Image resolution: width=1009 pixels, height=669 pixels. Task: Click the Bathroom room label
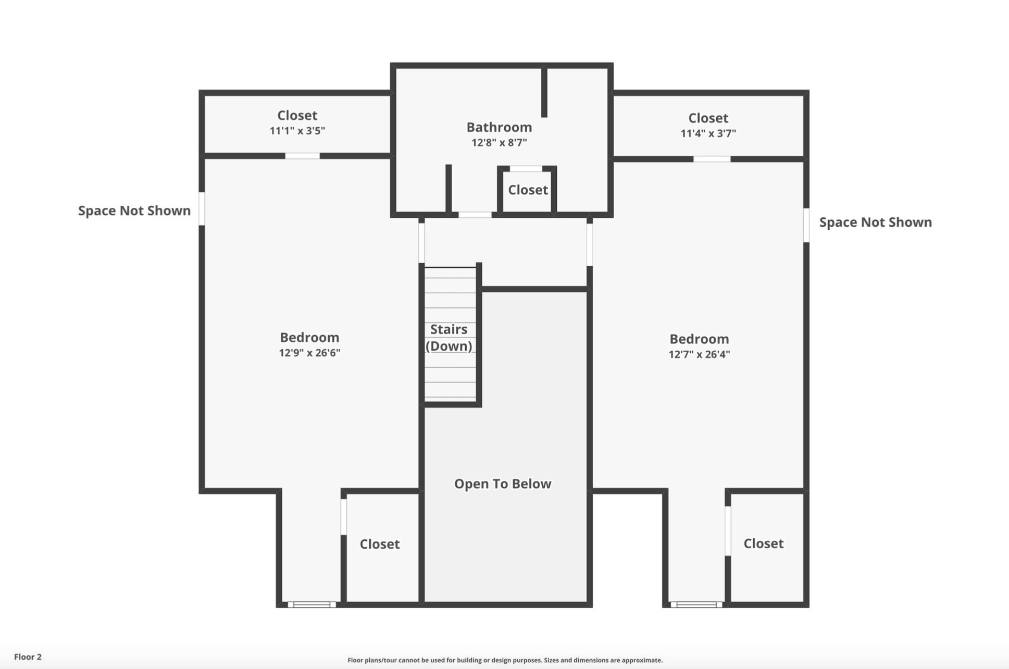[x=499, y=127]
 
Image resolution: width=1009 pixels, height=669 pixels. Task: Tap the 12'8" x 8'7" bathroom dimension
[x=499, y=143]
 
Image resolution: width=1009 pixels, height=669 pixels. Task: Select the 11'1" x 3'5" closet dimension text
[x=297, y=131]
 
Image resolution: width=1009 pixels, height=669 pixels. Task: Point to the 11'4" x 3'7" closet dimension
[x=708, y=133]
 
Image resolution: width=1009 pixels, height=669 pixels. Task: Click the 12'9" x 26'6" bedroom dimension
[x=309, y=353]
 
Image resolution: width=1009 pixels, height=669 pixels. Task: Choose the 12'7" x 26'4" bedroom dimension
[x=699, y=354]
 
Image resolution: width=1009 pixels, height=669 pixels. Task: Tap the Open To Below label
[x=503, y=484]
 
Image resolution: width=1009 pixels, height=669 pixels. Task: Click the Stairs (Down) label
[x=449, y=338]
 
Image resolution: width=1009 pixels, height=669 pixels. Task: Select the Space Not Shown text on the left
[x=134, y=210]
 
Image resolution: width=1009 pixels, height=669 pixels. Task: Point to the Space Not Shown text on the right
[x=876, y=222]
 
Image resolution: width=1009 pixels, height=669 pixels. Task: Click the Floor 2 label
[x=28, y=657]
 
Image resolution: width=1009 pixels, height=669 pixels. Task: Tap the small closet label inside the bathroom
[x=528, y=190]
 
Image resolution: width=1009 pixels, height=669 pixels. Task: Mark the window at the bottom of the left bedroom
[x=312, y=605]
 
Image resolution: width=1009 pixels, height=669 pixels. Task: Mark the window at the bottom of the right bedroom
[x=696, y=605]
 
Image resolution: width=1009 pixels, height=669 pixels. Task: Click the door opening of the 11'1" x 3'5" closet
[x=302, y=156]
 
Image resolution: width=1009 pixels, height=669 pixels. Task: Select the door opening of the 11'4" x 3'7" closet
[x=712, y=159]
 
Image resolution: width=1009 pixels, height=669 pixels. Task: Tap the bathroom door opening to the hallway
[x=475, y=215]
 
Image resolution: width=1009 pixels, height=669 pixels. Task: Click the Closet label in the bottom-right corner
[x=763, y=544]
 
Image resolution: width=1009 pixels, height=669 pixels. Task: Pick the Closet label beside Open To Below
[x=380, y=544]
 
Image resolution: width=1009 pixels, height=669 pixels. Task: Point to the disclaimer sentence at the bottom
[x=505, y=660]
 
